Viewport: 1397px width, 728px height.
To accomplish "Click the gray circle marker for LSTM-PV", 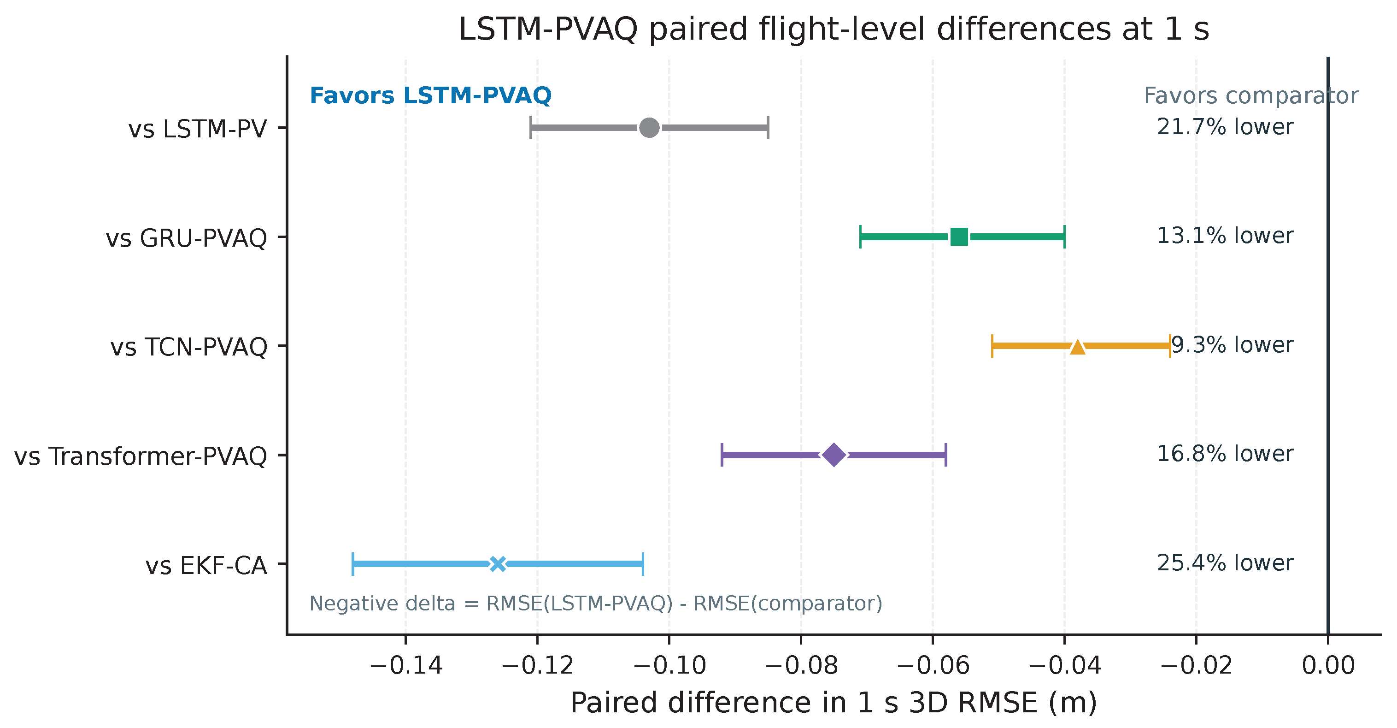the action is point(649,128).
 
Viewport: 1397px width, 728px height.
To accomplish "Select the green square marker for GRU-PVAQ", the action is point(959,237).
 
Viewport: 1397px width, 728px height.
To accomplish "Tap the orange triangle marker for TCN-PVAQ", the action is point(1078,346).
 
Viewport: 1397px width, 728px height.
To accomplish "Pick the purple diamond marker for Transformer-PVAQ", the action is point(834,455).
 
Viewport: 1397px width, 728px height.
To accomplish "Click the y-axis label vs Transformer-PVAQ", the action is point(141,456).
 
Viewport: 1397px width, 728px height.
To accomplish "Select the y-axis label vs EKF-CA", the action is point(206,566).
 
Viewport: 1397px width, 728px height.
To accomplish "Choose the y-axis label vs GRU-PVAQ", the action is point(186,239).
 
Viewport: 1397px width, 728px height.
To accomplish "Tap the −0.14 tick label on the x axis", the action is point(406,666).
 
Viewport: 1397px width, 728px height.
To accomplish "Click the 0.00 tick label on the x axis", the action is point(1328,666).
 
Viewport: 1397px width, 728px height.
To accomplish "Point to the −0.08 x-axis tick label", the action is point(801,666).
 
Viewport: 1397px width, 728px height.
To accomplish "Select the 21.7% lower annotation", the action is point(1225,127).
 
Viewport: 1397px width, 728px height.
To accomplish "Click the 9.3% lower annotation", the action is point(1233,345).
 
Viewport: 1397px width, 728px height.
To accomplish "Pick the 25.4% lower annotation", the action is point(1225,563).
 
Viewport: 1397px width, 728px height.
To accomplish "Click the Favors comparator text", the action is point(1251,96).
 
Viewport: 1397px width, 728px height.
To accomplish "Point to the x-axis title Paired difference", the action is point(834,703).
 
